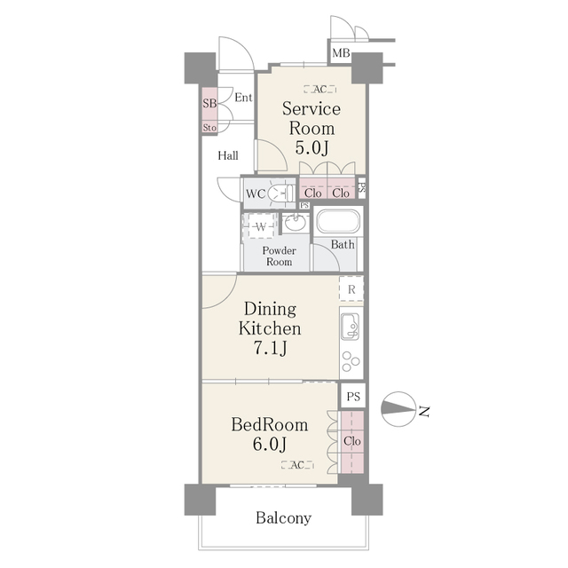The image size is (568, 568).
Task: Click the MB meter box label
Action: pyautogui.click(x=341, y=54)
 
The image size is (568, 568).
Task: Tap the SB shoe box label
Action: pyautogui.click(x=209, y=104)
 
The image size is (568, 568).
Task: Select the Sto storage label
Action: pyautogui.click(x=209, y=128)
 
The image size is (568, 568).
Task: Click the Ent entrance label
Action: pyautogui.click(x=244, y=97)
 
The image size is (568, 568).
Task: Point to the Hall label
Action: pyautogui.click(x=228, y=155)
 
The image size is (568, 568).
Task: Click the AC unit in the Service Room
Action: pyautogui.click(x=319, y=89)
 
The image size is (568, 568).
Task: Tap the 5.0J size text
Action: pyautogui.click(x=312, y=147)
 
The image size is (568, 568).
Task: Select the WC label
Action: pyautogui.click(x=256, y=193)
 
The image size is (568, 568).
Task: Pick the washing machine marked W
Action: pyautogui.click(x=262, y=227)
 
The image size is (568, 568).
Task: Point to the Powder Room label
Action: pyautogui.click(x=279, y=256)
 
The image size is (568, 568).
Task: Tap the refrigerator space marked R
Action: pyautogui.click(x=351, y=289)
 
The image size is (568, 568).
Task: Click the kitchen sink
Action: pyautogui.click(x=349, y=327)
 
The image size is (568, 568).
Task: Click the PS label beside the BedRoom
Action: pyautogui.click(x=353, y=397)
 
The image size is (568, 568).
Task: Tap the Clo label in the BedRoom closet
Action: pyautogui.click(x=351, y=441)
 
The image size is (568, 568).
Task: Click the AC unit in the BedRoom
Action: pyautogui.click(x=296, y=465)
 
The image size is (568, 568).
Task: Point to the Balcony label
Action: pyautogui.click(x=284, y=517)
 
